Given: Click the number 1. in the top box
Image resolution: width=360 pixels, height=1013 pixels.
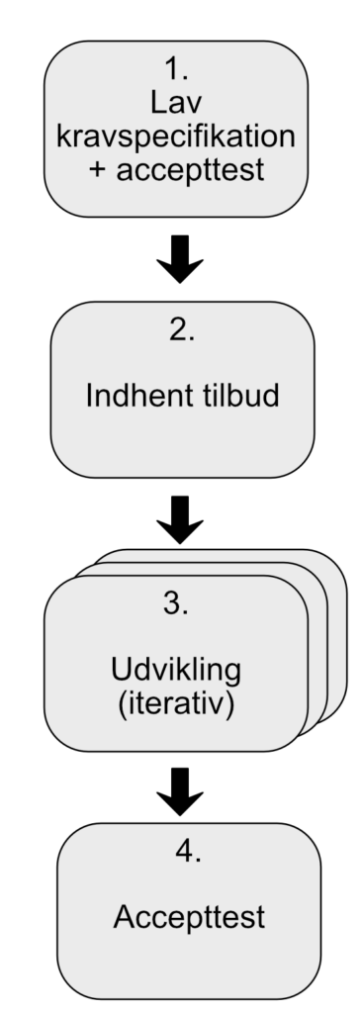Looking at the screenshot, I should pos(179,71).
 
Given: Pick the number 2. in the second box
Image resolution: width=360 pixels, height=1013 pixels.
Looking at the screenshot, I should pos(180,333).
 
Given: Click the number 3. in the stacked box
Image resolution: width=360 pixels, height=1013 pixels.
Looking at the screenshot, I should pos(176,604).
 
